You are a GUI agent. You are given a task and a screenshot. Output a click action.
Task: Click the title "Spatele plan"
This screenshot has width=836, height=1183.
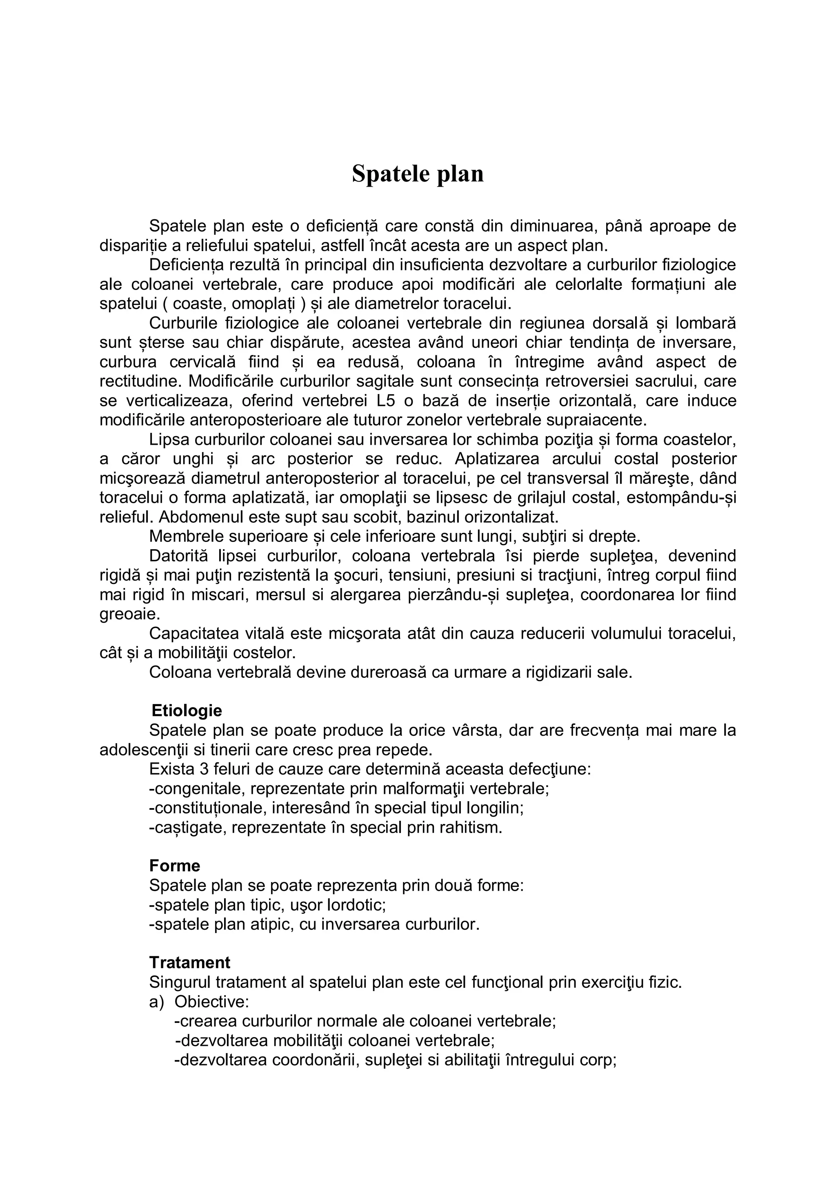(418, 174)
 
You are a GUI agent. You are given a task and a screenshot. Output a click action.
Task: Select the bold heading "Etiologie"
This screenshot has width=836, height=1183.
(187, 711)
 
